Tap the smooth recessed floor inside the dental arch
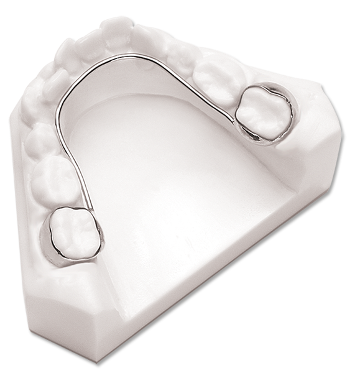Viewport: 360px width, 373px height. [168, 162]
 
